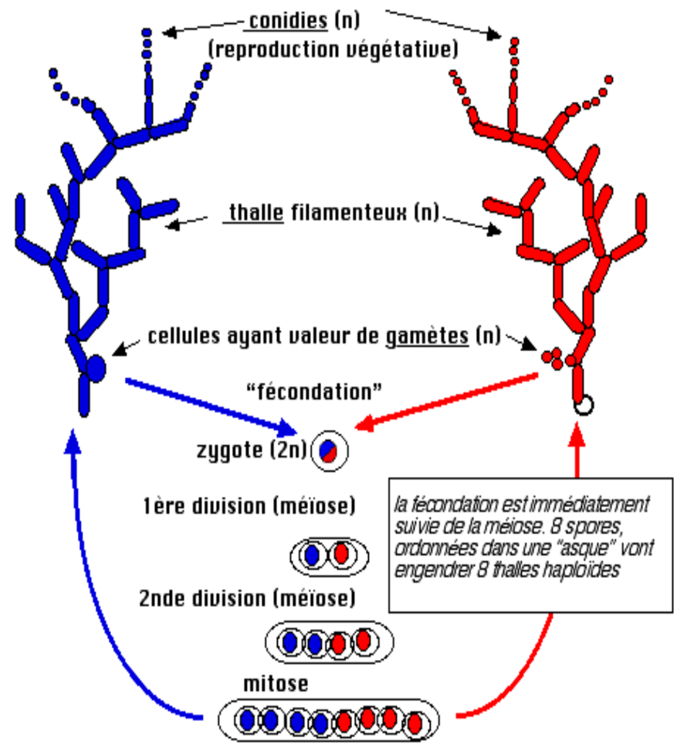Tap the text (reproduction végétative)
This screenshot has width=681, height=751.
pos(333,49)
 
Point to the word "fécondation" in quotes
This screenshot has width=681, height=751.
pos(313,391)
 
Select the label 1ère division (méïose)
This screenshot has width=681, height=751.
pos(249,507)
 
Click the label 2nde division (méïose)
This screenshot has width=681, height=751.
pos(247,597)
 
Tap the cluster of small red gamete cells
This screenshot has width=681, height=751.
pos(553,357)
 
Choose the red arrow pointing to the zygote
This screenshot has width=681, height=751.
pos(448,400)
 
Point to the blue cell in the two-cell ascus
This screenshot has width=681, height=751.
pos(311,554)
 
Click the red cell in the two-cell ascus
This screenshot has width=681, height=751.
pos(340,553)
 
